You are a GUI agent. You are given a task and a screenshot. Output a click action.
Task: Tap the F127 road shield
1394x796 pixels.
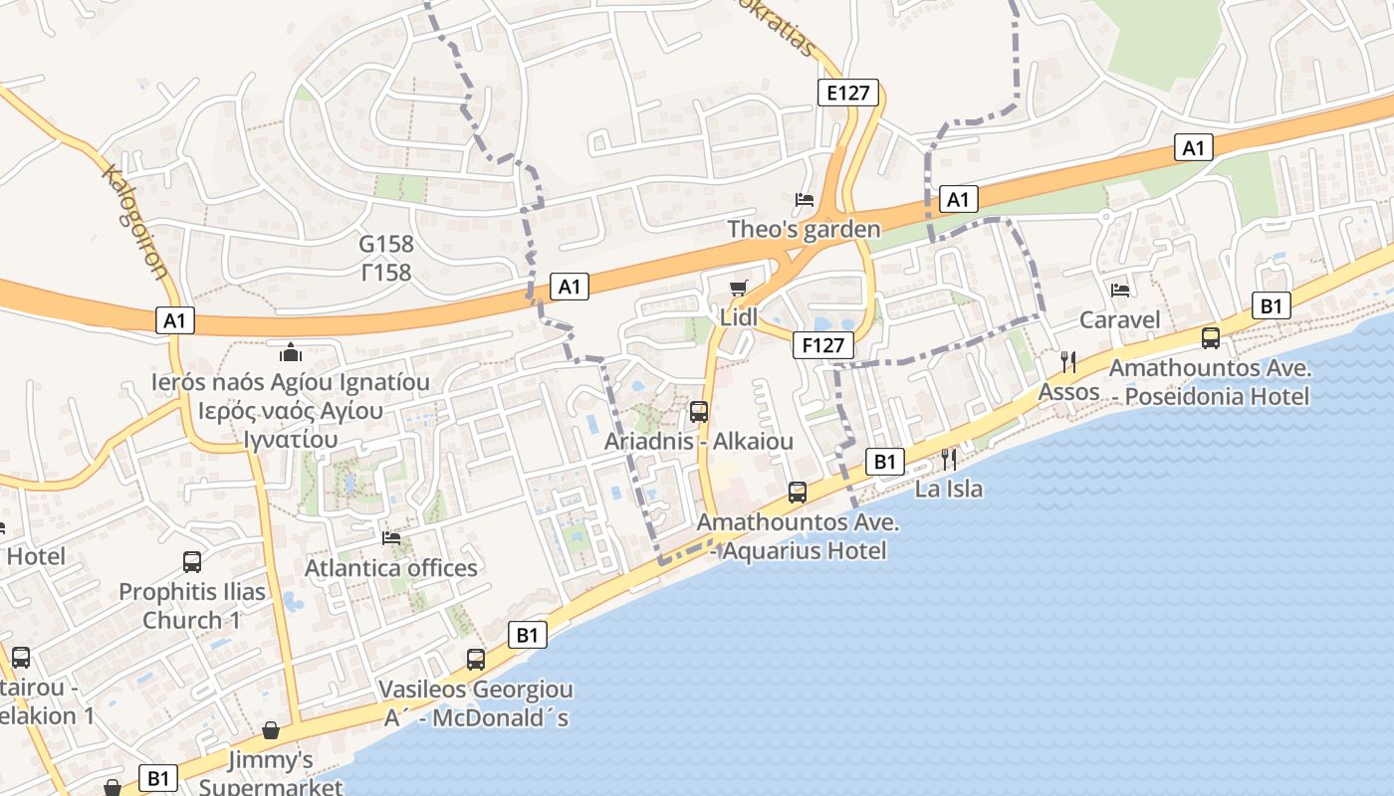click(824, 345)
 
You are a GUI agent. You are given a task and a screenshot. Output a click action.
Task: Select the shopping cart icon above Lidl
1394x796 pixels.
click(738, 289)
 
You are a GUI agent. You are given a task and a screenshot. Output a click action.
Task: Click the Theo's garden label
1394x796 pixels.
click(804, 230)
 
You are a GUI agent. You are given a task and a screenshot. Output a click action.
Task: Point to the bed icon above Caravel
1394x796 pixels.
click(1120, 291)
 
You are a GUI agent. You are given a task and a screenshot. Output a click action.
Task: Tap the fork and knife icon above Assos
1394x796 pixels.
click(1069, 361)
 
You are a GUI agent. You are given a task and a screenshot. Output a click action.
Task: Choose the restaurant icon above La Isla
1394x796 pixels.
click(949, 459)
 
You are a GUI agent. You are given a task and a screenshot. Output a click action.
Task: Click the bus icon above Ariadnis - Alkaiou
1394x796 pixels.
click(699, 411)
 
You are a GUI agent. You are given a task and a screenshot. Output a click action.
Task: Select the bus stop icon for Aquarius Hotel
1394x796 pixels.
click(798, 492)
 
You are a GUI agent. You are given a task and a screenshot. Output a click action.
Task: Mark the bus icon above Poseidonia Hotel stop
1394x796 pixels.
click(1211, 338)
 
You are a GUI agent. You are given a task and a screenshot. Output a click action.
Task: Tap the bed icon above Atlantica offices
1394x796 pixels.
click(391, 538)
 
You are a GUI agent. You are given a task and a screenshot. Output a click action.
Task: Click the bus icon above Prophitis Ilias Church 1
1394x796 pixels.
click(192, 562)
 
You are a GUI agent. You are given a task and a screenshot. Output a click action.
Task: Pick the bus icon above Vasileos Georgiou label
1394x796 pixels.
click(476, 659)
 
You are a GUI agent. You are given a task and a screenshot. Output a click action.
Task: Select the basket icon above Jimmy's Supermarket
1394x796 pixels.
click(271, 731)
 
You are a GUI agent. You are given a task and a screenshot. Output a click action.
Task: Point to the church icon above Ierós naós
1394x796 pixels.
click(291, 352)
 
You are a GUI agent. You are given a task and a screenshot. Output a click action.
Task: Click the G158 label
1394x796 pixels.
click(386, 244)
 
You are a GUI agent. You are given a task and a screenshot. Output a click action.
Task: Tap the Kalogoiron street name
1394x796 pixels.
click(133, 225)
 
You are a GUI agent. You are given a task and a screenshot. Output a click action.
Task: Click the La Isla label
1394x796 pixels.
click(949, 489)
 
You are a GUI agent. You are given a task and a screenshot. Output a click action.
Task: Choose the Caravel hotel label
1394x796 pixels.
click(1120, 319)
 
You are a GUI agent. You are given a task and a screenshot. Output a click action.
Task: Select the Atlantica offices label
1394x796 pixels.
click(391, 568)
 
